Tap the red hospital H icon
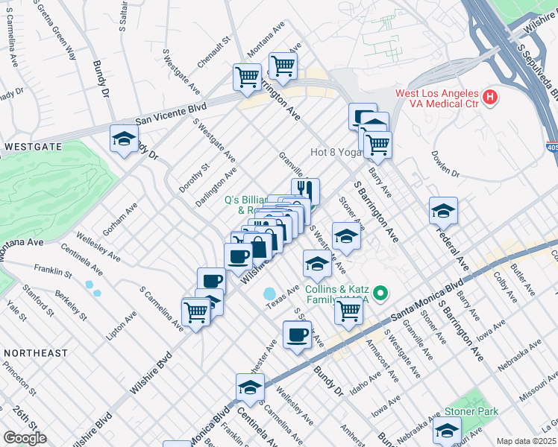[x=489, y=96]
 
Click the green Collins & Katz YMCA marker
[x=381, y=294]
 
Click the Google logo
[x=25, y=438]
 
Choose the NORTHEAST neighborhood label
[x=35, y=352]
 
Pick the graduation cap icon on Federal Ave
[x=443, y=212]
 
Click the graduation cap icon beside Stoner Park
[x=447, y=431]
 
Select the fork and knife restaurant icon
[x=306, y=191]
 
